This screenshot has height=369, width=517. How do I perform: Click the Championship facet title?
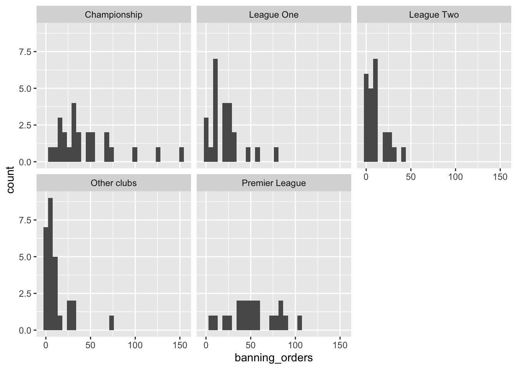click(113, 15)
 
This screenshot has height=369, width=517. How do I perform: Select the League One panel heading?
click(274, 15)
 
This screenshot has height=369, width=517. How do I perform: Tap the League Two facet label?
click(434, 15)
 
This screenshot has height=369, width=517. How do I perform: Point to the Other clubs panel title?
click(113, 183)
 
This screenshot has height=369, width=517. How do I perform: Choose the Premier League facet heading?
click(274, 183)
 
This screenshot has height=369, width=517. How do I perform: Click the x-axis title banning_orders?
click(274, 358)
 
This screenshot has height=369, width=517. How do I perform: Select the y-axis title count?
click(10, 180)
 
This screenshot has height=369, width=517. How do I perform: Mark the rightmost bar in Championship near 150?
click(182, 155)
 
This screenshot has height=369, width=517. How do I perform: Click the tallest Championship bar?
click(74, 133)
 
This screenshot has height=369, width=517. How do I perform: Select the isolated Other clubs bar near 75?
click(112, 323)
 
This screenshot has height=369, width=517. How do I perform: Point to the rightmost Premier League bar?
click(299, 323)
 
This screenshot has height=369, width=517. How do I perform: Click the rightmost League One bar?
click(276, 155)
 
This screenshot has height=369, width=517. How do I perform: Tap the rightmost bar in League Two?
click(404, 155)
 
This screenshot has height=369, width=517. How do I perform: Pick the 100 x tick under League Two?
click(455, 177)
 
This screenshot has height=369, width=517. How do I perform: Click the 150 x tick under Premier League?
click(340, 345)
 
